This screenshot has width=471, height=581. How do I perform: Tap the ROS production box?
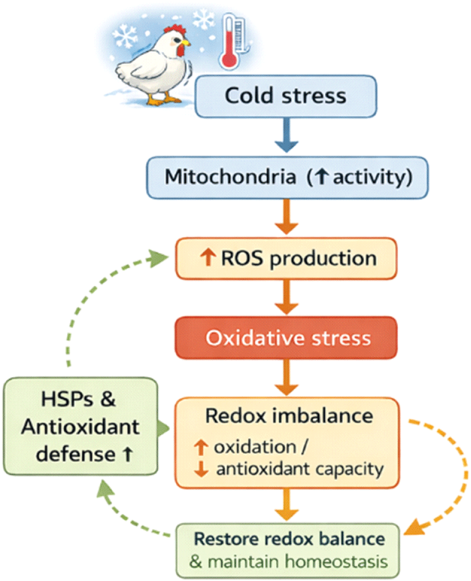click(286, 258)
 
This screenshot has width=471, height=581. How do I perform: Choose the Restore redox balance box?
click(289, 549)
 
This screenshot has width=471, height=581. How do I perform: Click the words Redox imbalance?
click(289, 416)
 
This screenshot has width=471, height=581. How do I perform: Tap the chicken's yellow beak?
click(185, 43)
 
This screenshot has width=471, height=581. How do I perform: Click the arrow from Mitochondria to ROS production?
click(288, 219)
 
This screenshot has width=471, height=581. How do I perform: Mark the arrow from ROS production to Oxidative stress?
click(288, 300)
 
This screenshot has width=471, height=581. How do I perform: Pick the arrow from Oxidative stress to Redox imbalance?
click(288, 381)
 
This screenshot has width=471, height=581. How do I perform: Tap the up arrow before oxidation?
click(200, 448)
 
